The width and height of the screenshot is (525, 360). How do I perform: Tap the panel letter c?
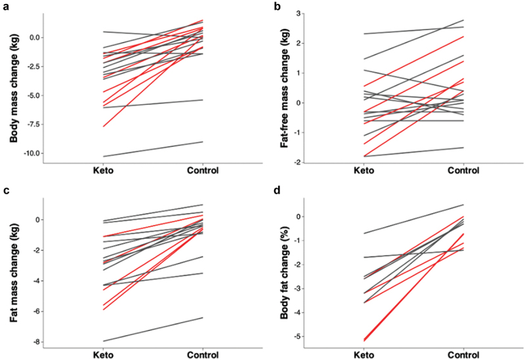(5, 191)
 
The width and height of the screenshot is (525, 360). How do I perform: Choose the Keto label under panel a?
(104, 171)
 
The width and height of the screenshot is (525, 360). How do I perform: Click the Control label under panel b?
(463, 171)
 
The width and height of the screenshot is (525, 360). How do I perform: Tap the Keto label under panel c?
(104, 354)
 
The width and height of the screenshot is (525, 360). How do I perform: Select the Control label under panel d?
(463, 354)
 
